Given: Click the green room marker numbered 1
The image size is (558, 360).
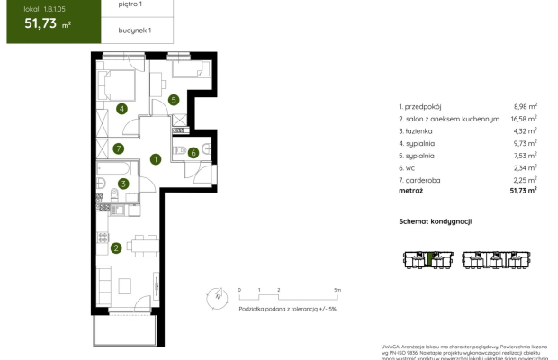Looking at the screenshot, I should click(156, 160).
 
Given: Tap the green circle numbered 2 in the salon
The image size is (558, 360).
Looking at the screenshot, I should click(116, 248).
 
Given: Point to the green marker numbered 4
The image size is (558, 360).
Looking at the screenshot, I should click(122, 110).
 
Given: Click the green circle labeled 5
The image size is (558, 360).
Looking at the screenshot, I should click(174, 100).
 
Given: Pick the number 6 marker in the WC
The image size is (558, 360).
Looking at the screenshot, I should click(194, 152).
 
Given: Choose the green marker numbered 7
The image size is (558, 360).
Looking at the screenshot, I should click(119, 148).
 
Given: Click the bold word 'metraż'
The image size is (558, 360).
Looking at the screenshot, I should click(412, 190).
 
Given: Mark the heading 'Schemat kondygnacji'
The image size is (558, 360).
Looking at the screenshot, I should click(436, 221).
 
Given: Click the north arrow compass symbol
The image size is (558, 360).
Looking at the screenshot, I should click(216, 294).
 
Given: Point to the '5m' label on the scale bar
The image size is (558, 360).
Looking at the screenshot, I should click(337, 290).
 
